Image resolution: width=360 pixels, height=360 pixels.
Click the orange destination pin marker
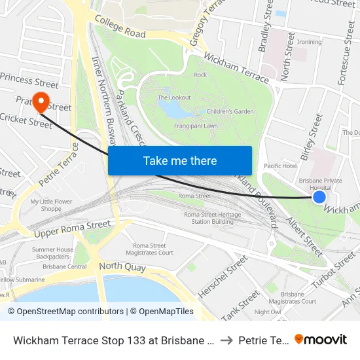41,101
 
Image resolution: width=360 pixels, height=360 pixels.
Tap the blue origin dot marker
319,197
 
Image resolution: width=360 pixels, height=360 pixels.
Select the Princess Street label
29,81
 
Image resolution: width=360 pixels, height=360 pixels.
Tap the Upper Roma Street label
72,226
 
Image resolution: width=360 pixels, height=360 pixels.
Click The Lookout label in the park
174,98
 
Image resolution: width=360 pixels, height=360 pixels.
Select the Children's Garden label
230,112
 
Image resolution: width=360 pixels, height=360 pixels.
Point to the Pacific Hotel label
280,166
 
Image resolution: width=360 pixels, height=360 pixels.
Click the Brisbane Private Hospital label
320,183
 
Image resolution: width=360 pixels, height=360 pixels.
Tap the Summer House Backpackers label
53,253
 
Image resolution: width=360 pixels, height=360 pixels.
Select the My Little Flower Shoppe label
51,206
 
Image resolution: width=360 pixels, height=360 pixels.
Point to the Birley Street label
311,137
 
